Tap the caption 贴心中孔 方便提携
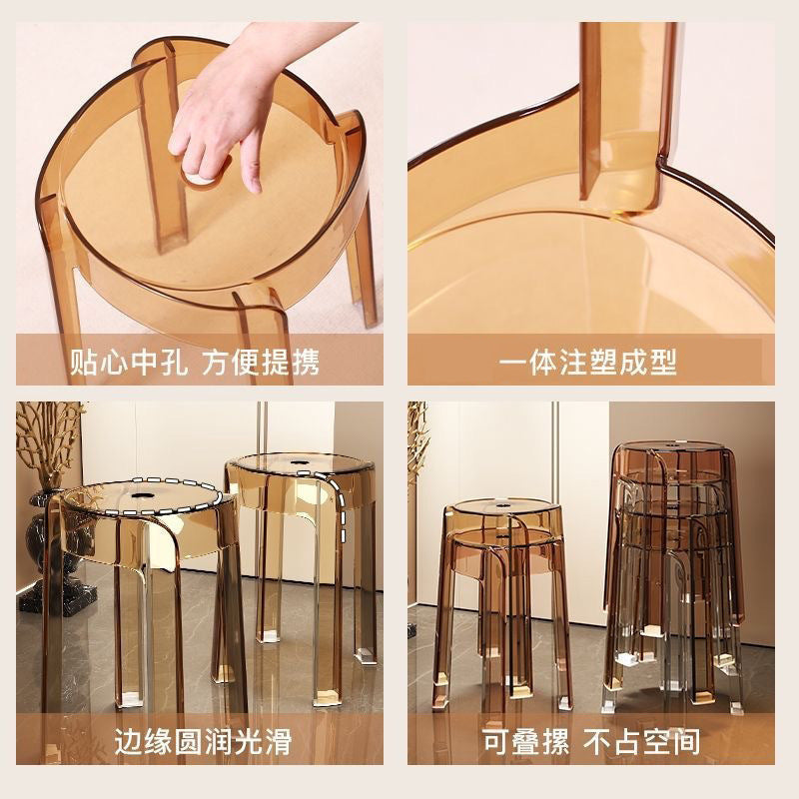[x=194, y=362]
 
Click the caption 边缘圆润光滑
[x=194, y=742]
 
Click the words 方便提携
[x=261, y=362]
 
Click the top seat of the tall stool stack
[x=669, y=447]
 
